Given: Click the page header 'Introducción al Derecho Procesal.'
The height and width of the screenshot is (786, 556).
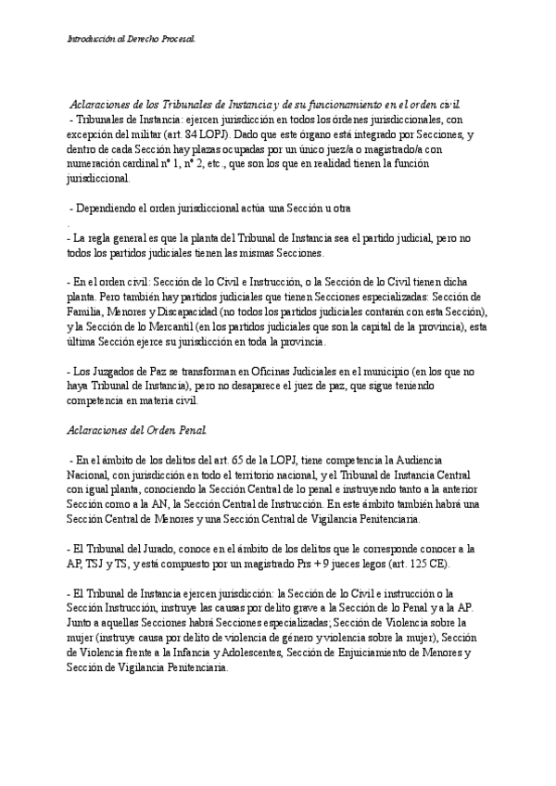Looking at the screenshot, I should [x=132, y=39].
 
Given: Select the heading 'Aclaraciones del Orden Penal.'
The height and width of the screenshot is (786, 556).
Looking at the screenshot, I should [x=138, y=430].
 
